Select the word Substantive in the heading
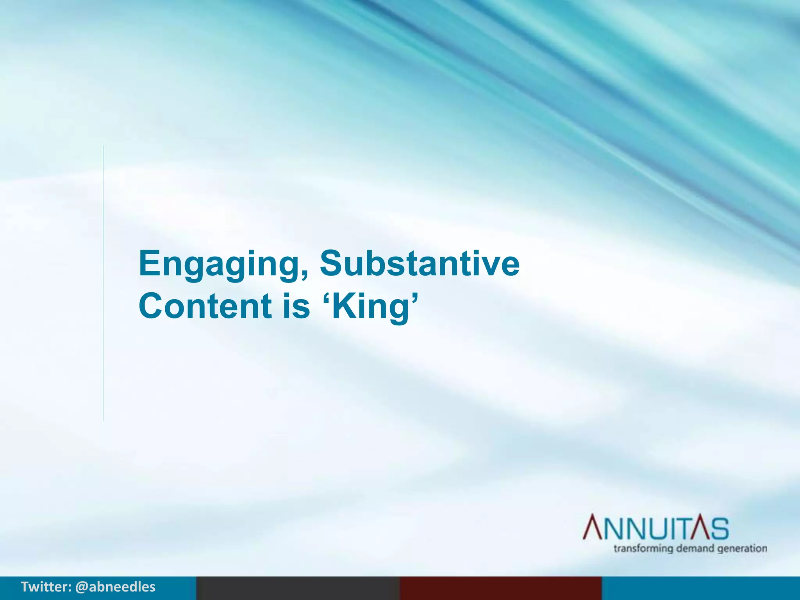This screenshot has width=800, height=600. point(420,263)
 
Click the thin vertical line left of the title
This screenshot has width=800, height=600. point(103,283)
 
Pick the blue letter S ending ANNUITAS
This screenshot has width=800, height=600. point(719,528)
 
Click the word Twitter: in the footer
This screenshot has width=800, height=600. point(46,587)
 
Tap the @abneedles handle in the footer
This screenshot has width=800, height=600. point(115,587)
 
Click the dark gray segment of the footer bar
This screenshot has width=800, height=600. point(298,588)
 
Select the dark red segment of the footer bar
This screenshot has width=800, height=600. point(500,588)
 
